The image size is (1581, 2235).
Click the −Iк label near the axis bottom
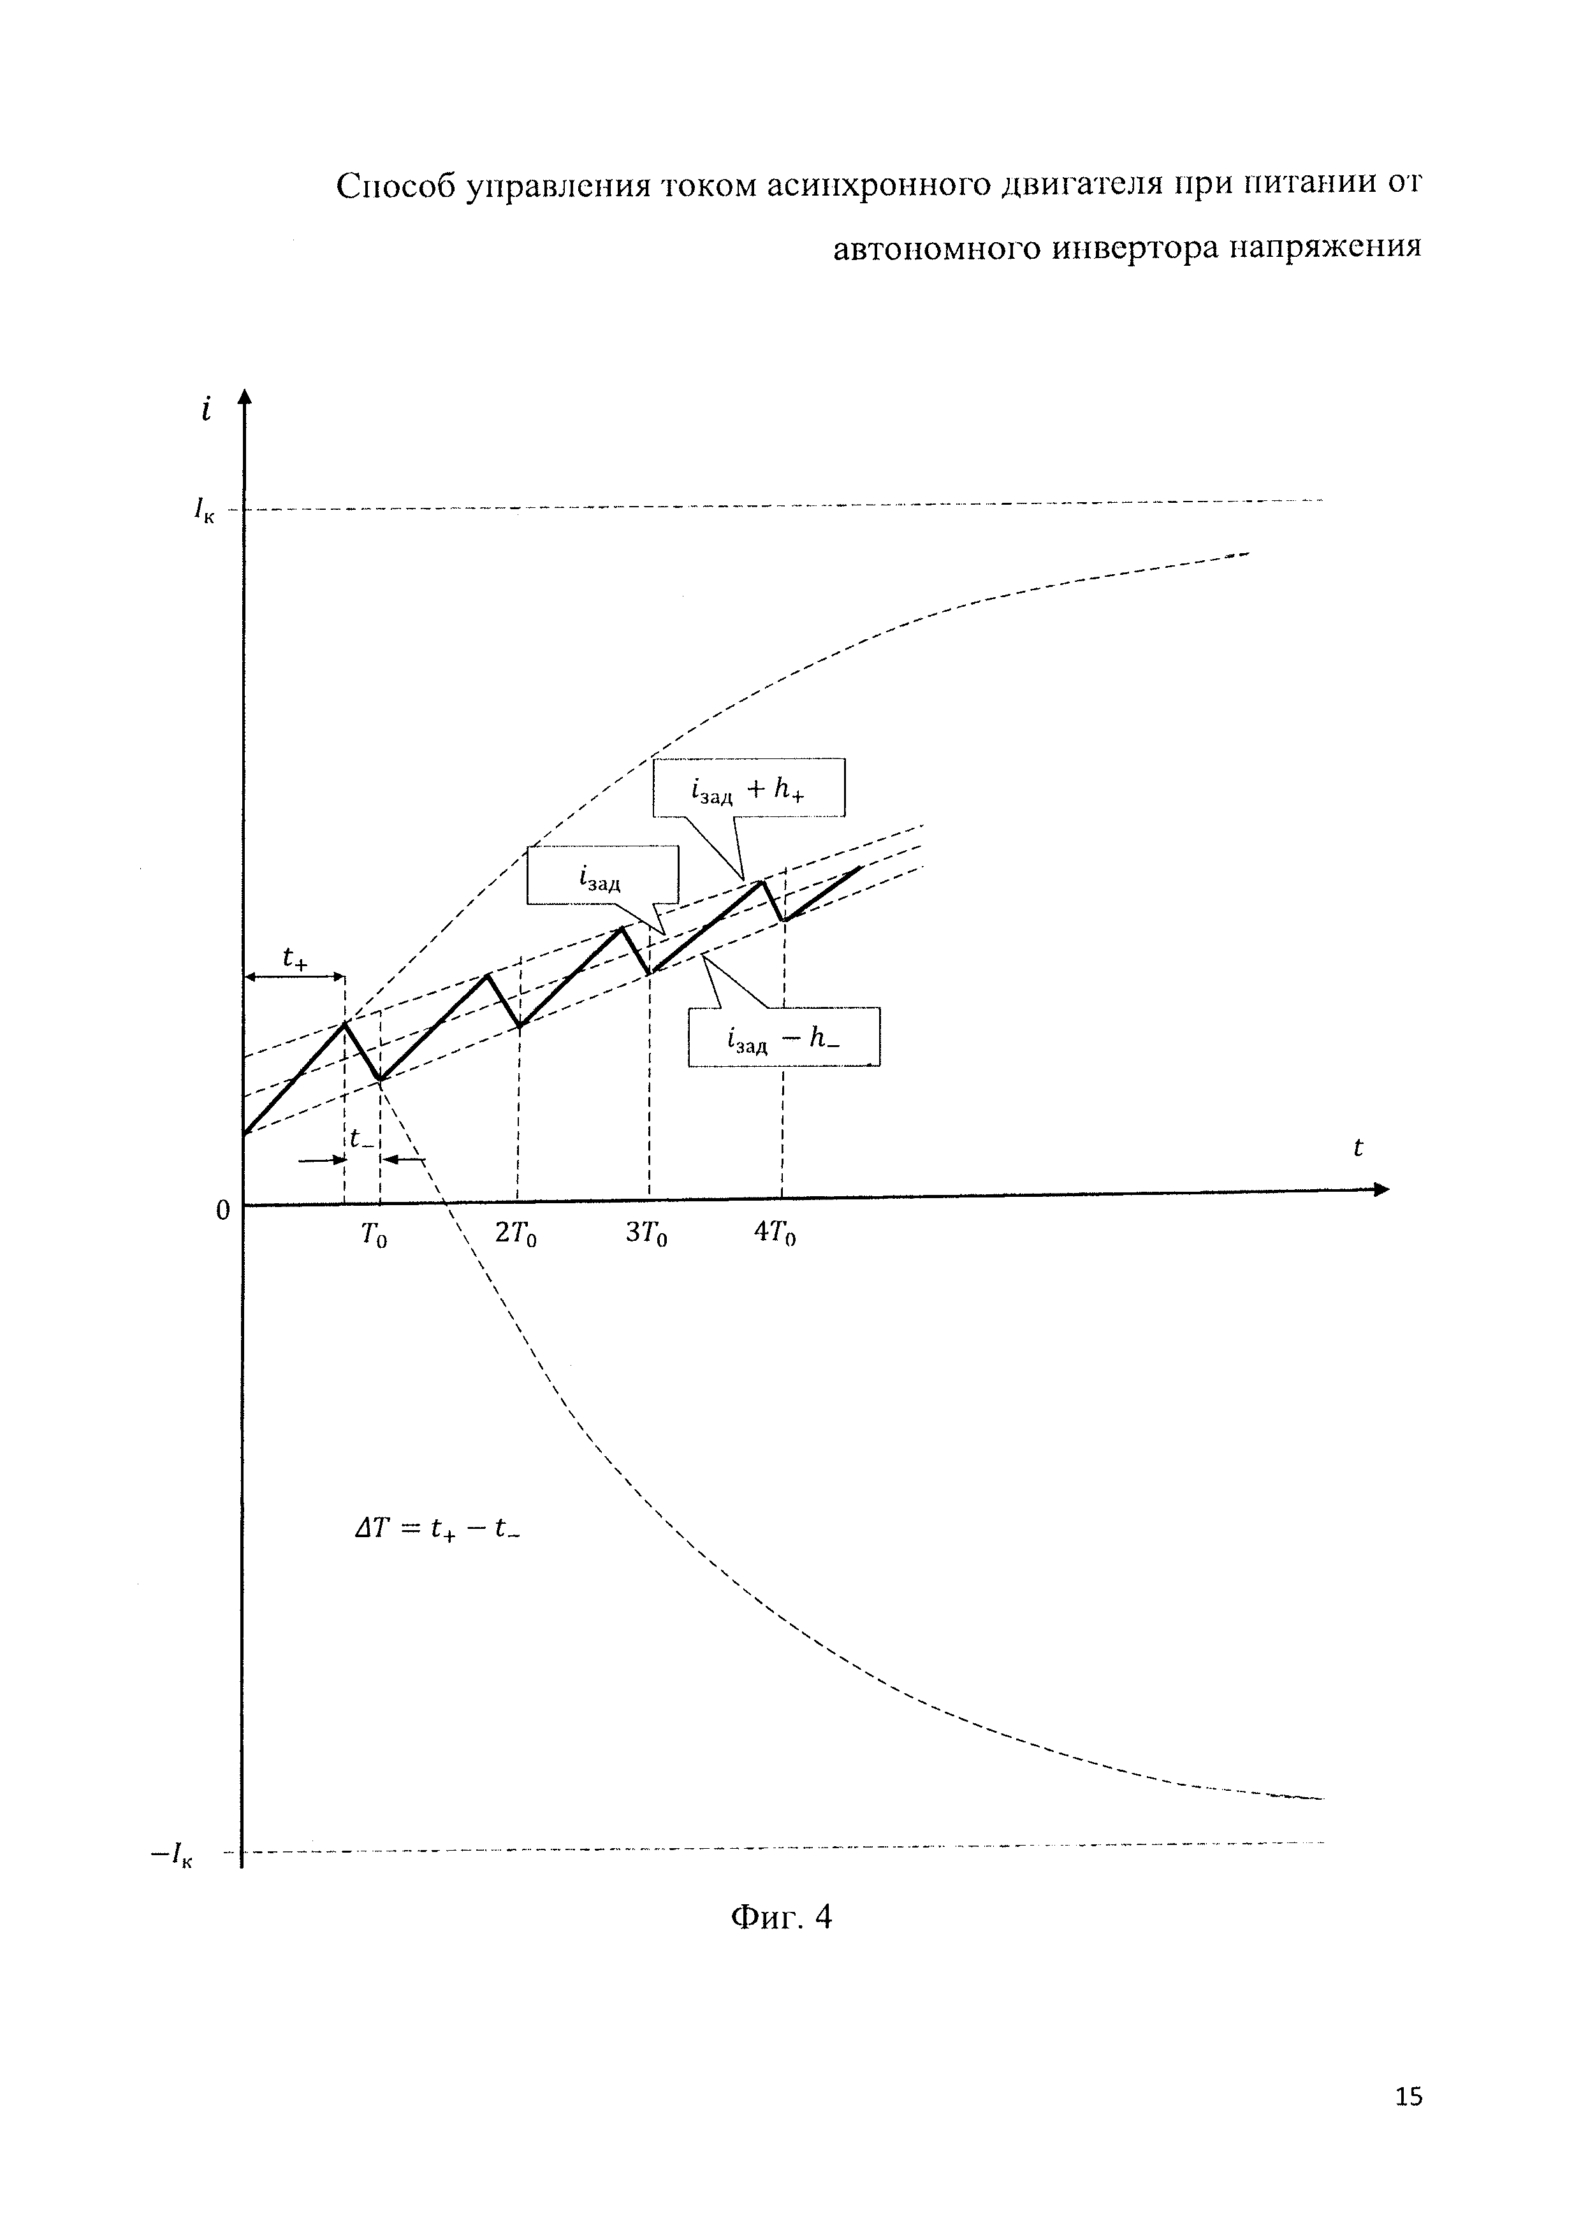coord(172,1855)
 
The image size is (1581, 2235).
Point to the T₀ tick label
coord(374,1236)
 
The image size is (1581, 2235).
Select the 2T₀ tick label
coord(516,1235)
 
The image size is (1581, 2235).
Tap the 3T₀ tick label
coord(646,1235)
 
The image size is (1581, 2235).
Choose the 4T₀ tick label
coord(775,1235)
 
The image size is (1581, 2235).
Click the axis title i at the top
coord(205,411)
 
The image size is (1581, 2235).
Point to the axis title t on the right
coord(1358,1148)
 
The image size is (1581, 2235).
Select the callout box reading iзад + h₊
coord(748,788)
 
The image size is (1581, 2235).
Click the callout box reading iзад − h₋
coord(783,1038)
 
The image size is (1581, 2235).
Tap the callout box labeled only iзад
coord(602,876)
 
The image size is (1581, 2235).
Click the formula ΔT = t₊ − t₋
coord(438,1530)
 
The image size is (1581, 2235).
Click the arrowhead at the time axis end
coord(1381,1190)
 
